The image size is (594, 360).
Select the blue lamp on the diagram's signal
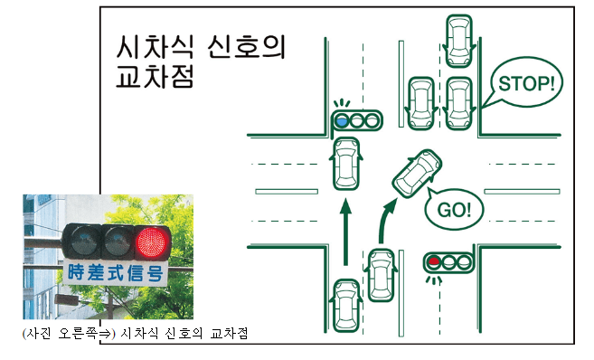342,119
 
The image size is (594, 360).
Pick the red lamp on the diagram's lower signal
435,262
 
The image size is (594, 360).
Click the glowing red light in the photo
151,242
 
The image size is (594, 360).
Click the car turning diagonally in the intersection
417,172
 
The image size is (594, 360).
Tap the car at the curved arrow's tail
380,275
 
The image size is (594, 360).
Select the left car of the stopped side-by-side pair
421,100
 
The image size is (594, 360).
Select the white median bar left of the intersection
286,191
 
